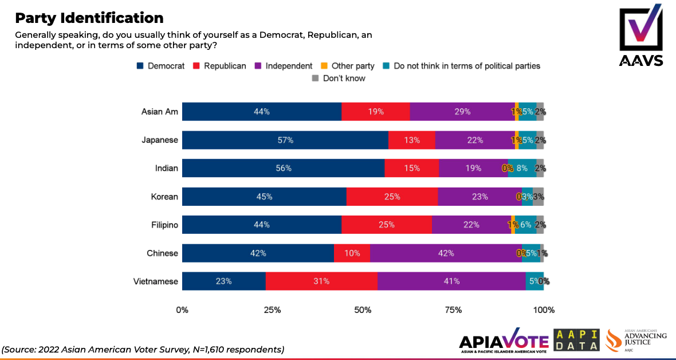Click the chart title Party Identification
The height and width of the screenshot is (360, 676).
[x=89, y=18]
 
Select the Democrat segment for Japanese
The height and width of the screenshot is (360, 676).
[x=285, y=140]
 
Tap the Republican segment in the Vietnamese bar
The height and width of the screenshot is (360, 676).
[x=321, y=281]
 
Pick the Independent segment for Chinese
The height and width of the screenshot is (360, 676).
[x=446, y=253]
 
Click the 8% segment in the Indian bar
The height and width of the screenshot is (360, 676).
[x=522, y=168]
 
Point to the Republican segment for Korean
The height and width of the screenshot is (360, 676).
[x=392, y=197]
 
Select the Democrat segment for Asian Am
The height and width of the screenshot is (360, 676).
[x=262, y=112]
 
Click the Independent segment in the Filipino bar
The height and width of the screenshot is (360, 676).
[x=471, y=225]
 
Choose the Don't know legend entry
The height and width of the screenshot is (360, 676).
[x=339, y=78]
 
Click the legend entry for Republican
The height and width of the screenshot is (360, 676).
[x=220, y=66]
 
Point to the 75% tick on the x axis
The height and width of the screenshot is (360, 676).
[x=453, y=310]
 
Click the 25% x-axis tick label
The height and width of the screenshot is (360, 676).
[x=272, y=310]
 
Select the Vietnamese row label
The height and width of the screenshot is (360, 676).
[x=156, y=281]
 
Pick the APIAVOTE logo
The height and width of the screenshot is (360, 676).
[x=504, y=341]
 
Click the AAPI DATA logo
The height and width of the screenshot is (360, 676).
[x=576, y=341]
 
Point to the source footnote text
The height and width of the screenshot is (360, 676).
[x=143, y=349]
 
